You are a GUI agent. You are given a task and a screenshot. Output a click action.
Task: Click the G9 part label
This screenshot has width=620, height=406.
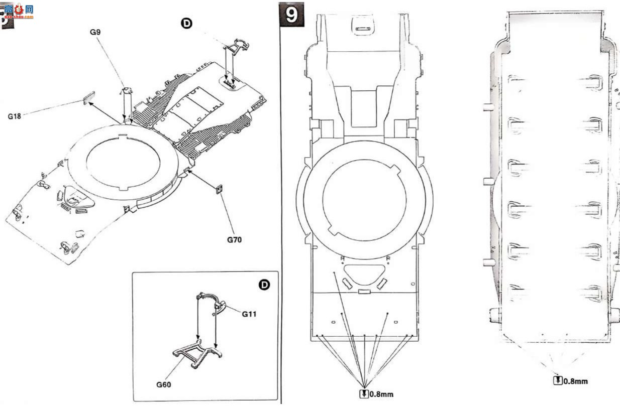pos(95,32)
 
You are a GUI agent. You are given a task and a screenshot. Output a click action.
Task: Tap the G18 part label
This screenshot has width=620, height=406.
pos(15,116)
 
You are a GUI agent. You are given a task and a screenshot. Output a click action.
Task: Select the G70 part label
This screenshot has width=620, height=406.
pos(235,240)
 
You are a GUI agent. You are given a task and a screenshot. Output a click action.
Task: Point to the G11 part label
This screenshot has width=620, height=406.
pos(249,314)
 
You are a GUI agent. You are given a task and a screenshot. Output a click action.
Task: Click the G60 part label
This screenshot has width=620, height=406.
pos(164,385)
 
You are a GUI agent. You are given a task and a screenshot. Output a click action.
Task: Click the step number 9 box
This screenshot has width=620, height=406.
pos(292,15)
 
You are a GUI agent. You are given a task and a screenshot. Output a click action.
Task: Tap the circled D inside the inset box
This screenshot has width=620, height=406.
pos(264,285)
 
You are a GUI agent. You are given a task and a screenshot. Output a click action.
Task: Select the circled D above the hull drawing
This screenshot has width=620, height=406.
pos(186,24)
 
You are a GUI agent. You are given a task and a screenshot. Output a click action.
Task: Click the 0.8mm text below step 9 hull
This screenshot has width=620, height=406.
pos(381,394)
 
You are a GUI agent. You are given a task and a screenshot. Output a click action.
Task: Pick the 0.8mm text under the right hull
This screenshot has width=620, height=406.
pos(576,381)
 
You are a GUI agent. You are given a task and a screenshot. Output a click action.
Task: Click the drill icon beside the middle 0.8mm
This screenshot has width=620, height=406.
pos(364,394)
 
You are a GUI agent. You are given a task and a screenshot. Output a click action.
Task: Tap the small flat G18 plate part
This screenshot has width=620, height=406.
pos(89,98)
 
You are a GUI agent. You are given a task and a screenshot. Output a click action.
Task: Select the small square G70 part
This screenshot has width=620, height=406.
pos(220,189)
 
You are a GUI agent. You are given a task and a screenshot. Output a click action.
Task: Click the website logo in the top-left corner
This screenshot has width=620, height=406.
pos(19,11)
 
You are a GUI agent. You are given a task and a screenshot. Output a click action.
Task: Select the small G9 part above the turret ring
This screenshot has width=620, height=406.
pos(127,90)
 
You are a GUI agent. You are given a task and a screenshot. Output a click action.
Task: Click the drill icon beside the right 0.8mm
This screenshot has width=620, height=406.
pos(558,380)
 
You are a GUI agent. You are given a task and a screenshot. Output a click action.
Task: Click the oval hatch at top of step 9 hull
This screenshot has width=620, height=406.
pos(363,26)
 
